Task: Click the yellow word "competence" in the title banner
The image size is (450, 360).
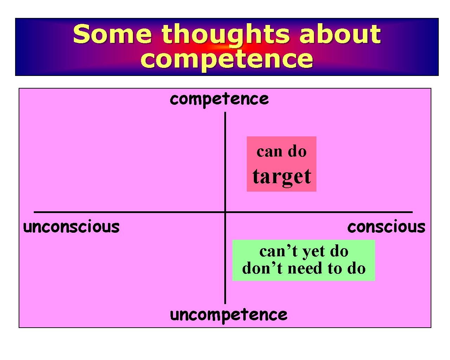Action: pyautogui.click(x=226, y=59)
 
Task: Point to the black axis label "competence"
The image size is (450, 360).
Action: pyautogui.click(x=219, y=99)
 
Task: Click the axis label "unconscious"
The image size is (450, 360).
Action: pyautogui.click(x=71, y=227)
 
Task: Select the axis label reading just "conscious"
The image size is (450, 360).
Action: pyautogui.click(x=386, y=227)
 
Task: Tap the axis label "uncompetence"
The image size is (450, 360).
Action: pyautogui.click(x=228, y=315)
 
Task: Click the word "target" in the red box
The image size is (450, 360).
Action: pyautogui.click(x=282, y=176)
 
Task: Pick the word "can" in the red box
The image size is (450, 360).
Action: pyautogui.click(x=270, y=152)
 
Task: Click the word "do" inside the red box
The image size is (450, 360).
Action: pyautogui.click(x=297, y=152)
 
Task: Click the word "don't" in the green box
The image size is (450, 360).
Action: pyautogui.click(x=262, y=269)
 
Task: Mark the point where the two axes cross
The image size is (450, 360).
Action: pyautogui.click(x=225, y=212)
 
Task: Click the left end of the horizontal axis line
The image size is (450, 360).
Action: pyautogui.click(x=34, y=212)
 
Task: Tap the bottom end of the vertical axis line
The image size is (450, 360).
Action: pyautogui.click(x=225, y=303)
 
